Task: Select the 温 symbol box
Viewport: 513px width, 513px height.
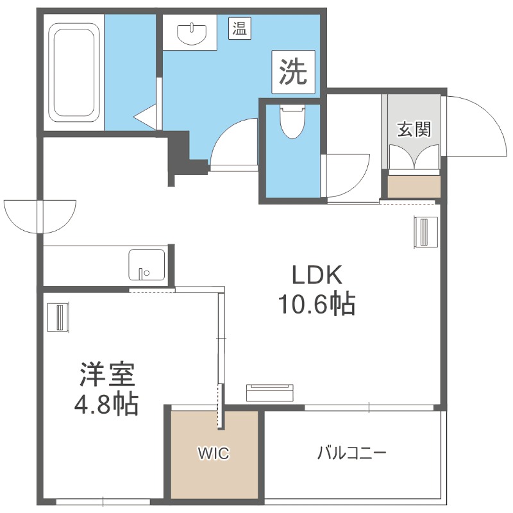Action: tap(240, 28)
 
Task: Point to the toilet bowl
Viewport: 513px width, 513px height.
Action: tap(292, 121)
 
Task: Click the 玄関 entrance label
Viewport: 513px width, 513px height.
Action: tap(414, 129)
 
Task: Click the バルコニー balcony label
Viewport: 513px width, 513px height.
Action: tap(352, 454)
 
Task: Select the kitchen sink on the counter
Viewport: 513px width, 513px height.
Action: tap(146, 265)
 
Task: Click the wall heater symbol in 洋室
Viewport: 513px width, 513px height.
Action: tap(57, 317)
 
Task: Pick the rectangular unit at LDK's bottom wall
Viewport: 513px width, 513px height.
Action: tap(271, 392)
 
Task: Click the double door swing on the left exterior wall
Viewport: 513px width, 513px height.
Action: tap(40, 217)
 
